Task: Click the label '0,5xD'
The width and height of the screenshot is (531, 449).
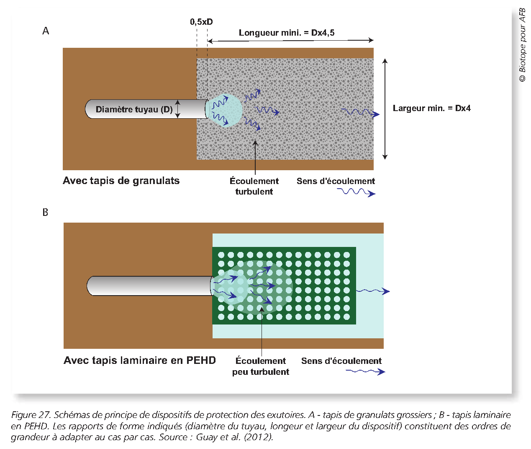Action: (x=201, y=22)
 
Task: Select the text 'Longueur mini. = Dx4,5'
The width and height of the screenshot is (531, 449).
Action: (x=286, y=33)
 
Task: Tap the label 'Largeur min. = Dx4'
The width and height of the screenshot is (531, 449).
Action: (x=431, y=108)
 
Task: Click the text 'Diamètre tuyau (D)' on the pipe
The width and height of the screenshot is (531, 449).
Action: (x=134, y=109)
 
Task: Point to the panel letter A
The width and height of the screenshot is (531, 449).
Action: (x=46, y=31)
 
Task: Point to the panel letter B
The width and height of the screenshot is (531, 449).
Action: (x=45, y=213)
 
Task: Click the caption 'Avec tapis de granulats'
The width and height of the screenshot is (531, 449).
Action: (x=121, y=181)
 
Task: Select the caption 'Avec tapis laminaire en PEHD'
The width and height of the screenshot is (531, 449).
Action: (x=139, y=361)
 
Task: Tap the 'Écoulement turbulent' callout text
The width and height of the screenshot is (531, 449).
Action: (x=254, y=186)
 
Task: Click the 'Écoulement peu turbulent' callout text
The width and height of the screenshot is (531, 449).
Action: (x=261, y=366)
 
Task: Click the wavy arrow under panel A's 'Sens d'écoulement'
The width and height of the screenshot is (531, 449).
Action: (x=356, y=192)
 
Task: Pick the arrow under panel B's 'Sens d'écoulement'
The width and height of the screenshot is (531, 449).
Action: (x=365, y=371)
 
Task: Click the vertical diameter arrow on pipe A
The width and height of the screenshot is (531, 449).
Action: (x=177, y=109)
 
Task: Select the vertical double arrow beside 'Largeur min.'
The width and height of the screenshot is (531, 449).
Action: (x=385, y=109)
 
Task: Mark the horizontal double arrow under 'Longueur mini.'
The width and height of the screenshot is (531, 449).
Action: (x=290, y=41)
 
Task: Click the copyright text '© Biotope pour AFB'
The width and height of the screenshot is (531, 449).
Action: (x=522, y=45)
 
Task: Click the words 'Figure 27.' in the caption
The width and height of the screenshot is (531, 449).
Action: (x=31, y=415)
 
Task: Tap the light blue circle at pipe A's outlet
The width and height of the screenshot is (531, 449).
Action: (x=226, y=110)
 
